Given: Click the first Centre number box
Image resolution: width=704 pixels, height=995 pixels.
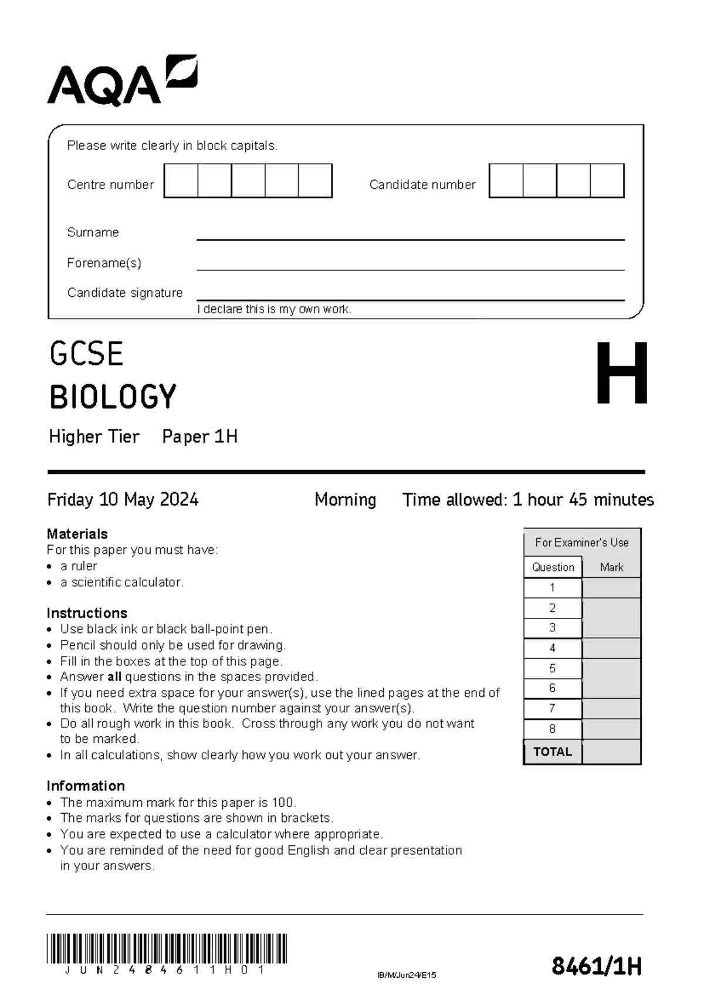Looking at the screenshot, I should point(181,181).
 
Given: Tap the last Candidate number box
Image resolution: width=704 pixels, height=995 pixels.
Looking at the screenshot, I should point(607,181).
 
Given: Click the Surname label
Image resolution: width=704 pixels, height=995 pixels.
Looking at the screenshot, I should point(93,232).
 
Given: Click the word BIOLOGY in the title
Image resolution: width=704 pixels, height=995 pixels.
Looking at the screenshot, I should point(113,397).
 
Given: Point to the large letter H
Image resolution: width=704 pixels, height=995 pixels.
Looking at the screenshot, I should point(621,374).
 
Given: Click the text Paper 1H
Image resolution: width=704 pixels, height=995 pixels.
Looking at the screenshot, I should point(199,436).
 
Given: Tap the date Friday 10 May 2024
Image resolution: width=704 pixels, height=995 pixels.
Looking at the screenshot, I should point(123,499).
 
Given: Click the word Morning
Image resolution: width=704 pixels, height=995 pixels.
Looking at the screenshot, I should point(345,499).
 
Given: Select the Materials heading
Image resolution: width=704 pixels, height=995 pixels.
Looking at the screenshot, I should point(77,534).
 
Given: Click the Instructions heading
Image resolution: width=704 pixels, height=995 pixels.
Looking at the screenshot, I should point(87,613).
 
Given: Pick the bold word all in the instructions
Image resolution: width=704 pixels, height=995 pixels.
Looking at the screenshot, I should point(114,677).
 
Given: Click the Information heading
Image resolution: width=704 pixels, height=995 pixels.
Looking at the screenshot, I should point(86,786).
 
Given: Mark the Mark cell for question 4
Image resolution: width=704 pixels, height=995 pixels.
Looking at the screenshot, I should point(611,648).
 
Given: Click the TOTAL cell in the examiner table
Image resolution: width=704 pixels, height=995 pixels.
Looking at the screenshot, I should point(552,752).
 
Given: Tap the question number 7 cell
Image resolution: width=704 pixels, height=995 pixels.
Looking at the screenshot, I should point(552,709).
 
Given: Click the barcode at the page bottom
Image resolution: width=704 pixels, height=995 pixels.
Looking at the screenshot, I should point(167,948).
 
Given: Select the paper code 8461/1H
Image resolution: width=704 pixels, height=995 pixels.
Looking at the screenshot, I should point(596,966).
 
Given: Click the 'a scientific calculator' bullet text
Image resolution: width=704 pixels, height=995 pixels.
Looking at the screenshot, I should point(122,582).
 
